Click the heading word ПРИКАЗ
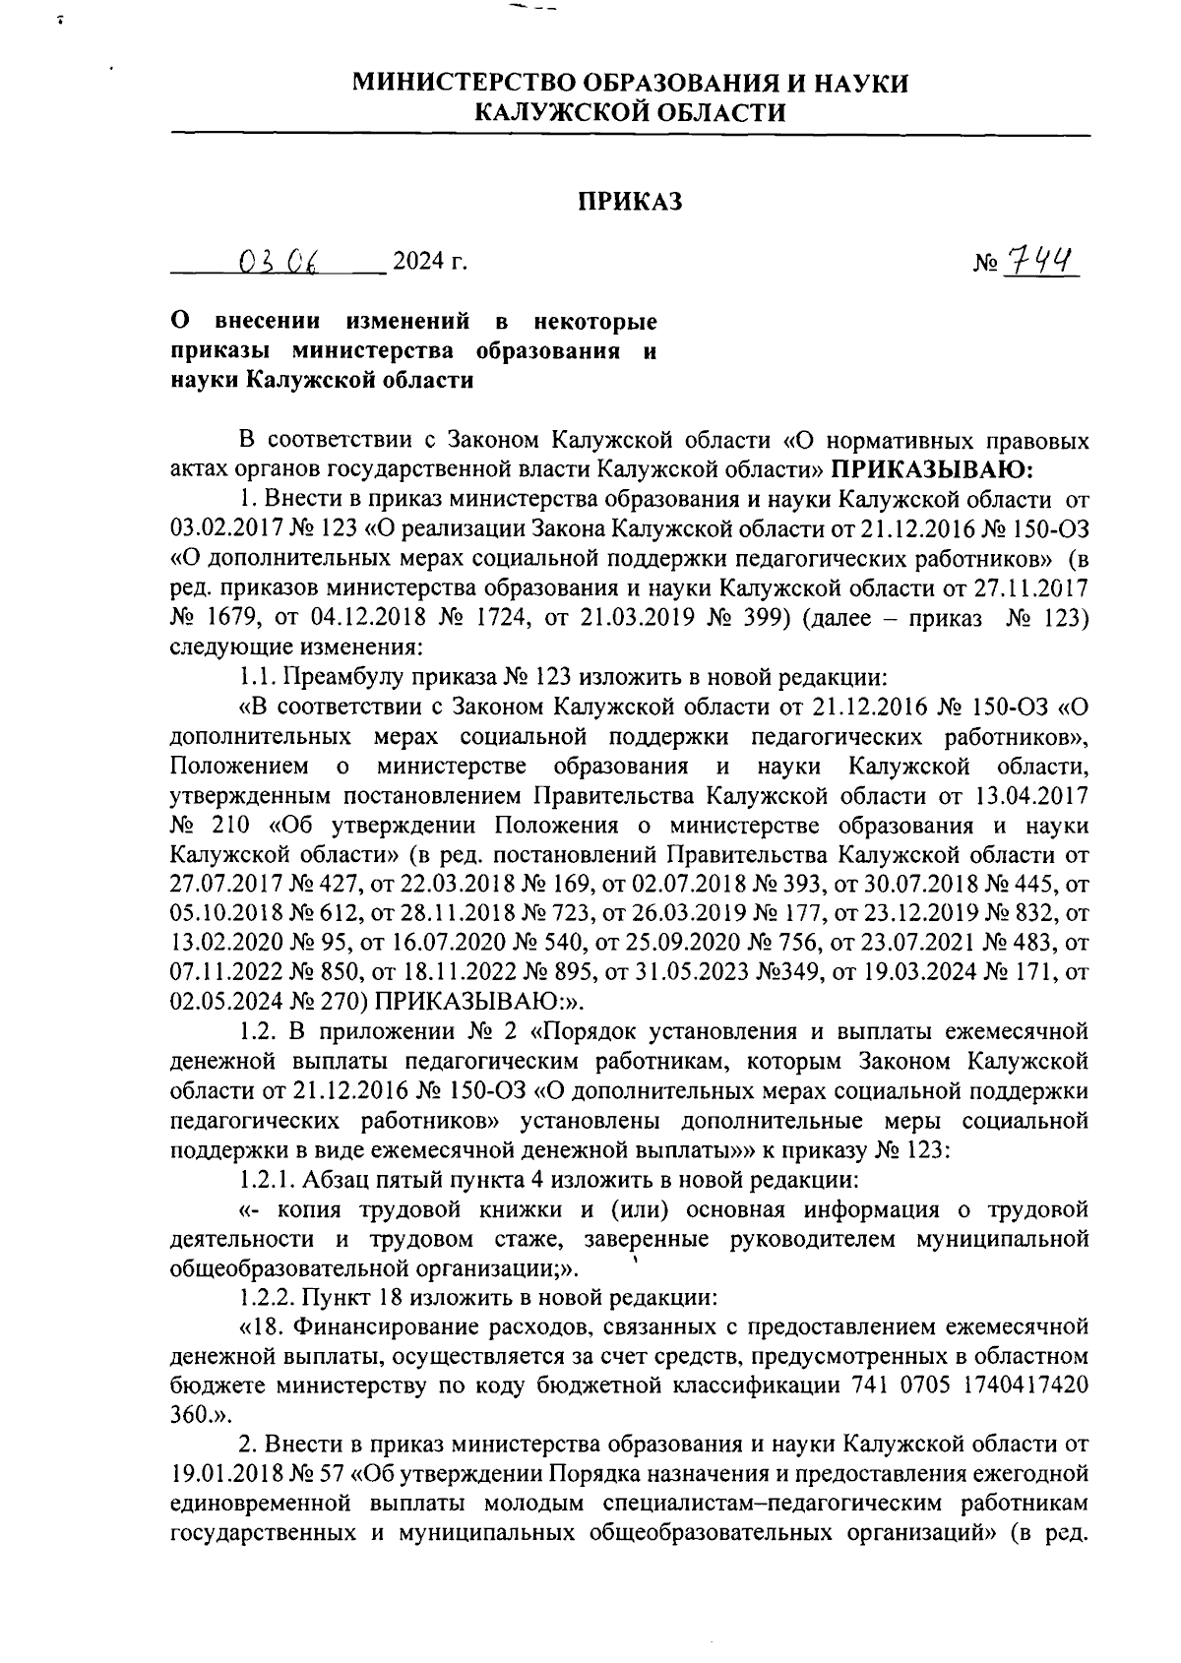629,202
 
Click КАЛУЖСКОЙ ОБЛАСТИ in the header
630,112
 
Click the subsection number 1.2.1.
267,1178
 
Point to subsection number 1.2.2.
267,1296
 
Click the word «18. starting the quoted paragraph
263,1326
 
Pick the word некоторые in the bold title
594,321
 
